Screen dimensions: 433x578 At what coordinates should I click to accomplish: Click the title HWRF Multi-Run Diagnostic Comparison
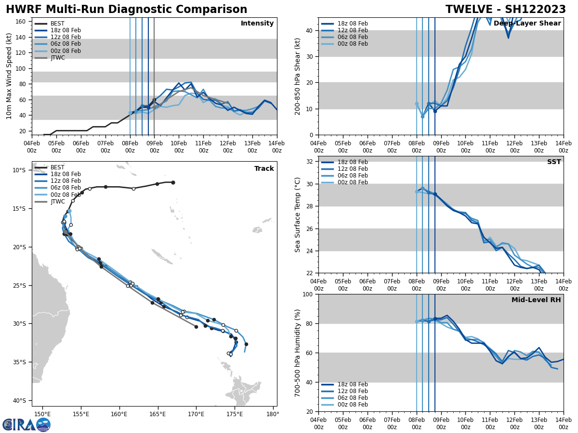coord(126,10)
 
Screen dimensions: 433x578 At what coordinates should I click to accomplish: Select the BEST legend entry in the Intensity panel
coord(57,24)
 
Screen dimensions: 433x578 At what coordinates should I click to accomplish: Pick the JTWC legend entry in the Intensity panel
coord(57,58)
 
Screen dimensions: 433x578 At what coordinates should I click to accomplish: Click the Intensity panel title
coord(257,24)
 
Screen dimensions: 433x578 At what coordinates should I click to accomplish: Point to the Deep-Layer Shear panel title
coord(527,24)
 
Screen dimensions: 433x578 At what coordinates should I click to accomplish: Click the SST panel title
coord(553,162)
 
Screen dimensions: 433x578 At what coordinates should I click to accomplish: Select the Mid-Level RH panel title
coord(536,300)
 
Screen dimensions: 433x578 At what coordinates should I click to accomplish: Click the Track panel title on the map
coord(264,169)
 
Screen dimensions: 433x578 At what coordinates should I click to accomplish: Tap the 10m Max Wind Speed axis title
coord(9,76)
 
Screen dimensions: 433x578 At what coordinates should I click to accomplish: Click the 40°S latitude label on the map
coord(19,401)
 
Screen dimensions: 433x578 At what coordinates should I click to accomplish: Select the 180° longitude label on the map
coord(272,415)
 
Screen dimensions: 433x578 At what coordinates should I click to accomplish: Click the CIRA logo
coord(26,424)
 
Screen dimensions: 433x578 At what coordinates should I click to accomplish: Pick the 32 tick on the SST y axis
coord(310,162)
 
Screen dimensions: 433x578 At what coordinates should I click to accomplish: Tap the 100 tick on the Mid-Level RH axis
coord(308,294)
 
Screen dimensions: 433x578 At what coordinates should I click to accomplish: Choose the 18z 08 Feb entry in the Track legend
coord(65,174)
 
